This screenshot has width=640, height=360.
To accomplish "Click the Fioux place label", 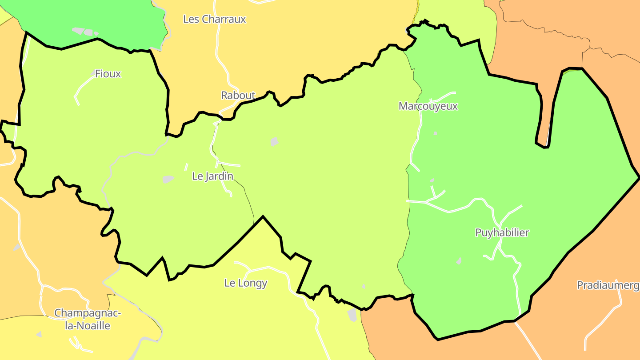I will click(108, 74).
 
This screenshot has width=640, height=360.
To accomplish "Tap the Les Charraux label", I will click(214, 19).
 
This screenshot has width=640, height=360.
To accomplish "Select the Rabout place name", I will click(238, 95).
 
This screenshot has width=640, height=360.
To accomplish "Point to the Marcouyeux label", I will click(428, 106).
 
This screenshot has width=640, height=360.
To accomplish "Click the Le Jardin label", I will click(212, 176).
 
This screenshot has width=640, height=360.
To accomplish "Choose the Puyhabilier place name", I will click(502, 232).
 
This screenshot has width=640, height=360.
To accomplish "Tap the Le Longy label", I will click(246, 283).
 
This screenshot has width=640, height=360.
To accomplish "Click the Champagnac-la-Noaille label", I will click(88, 319).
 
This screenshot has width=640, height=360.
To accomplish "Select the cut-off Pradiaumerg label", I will click(608, 285).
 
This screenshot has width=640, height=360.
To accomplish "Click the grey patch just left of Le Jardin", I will click(168, 179).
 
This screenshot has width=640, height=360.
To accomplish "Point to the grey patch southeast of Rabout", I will click(274, 142).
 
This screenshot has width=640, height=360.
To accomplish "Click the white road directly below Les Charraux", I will click(220, 49).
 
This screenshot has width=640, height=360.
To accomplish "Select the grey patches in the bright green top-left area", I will click(84, 32).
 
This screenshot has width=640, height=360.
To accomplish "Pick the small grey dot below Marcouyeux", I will click(435, 133).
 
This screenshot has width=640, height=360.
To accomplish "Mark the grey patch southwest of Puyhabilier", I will click(459, 261).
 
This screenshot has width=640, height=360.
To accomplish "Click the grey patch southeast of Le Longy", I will click(352, 315).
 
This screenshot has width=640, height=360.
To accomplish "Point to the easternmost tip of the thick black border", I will click(639, 178).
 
